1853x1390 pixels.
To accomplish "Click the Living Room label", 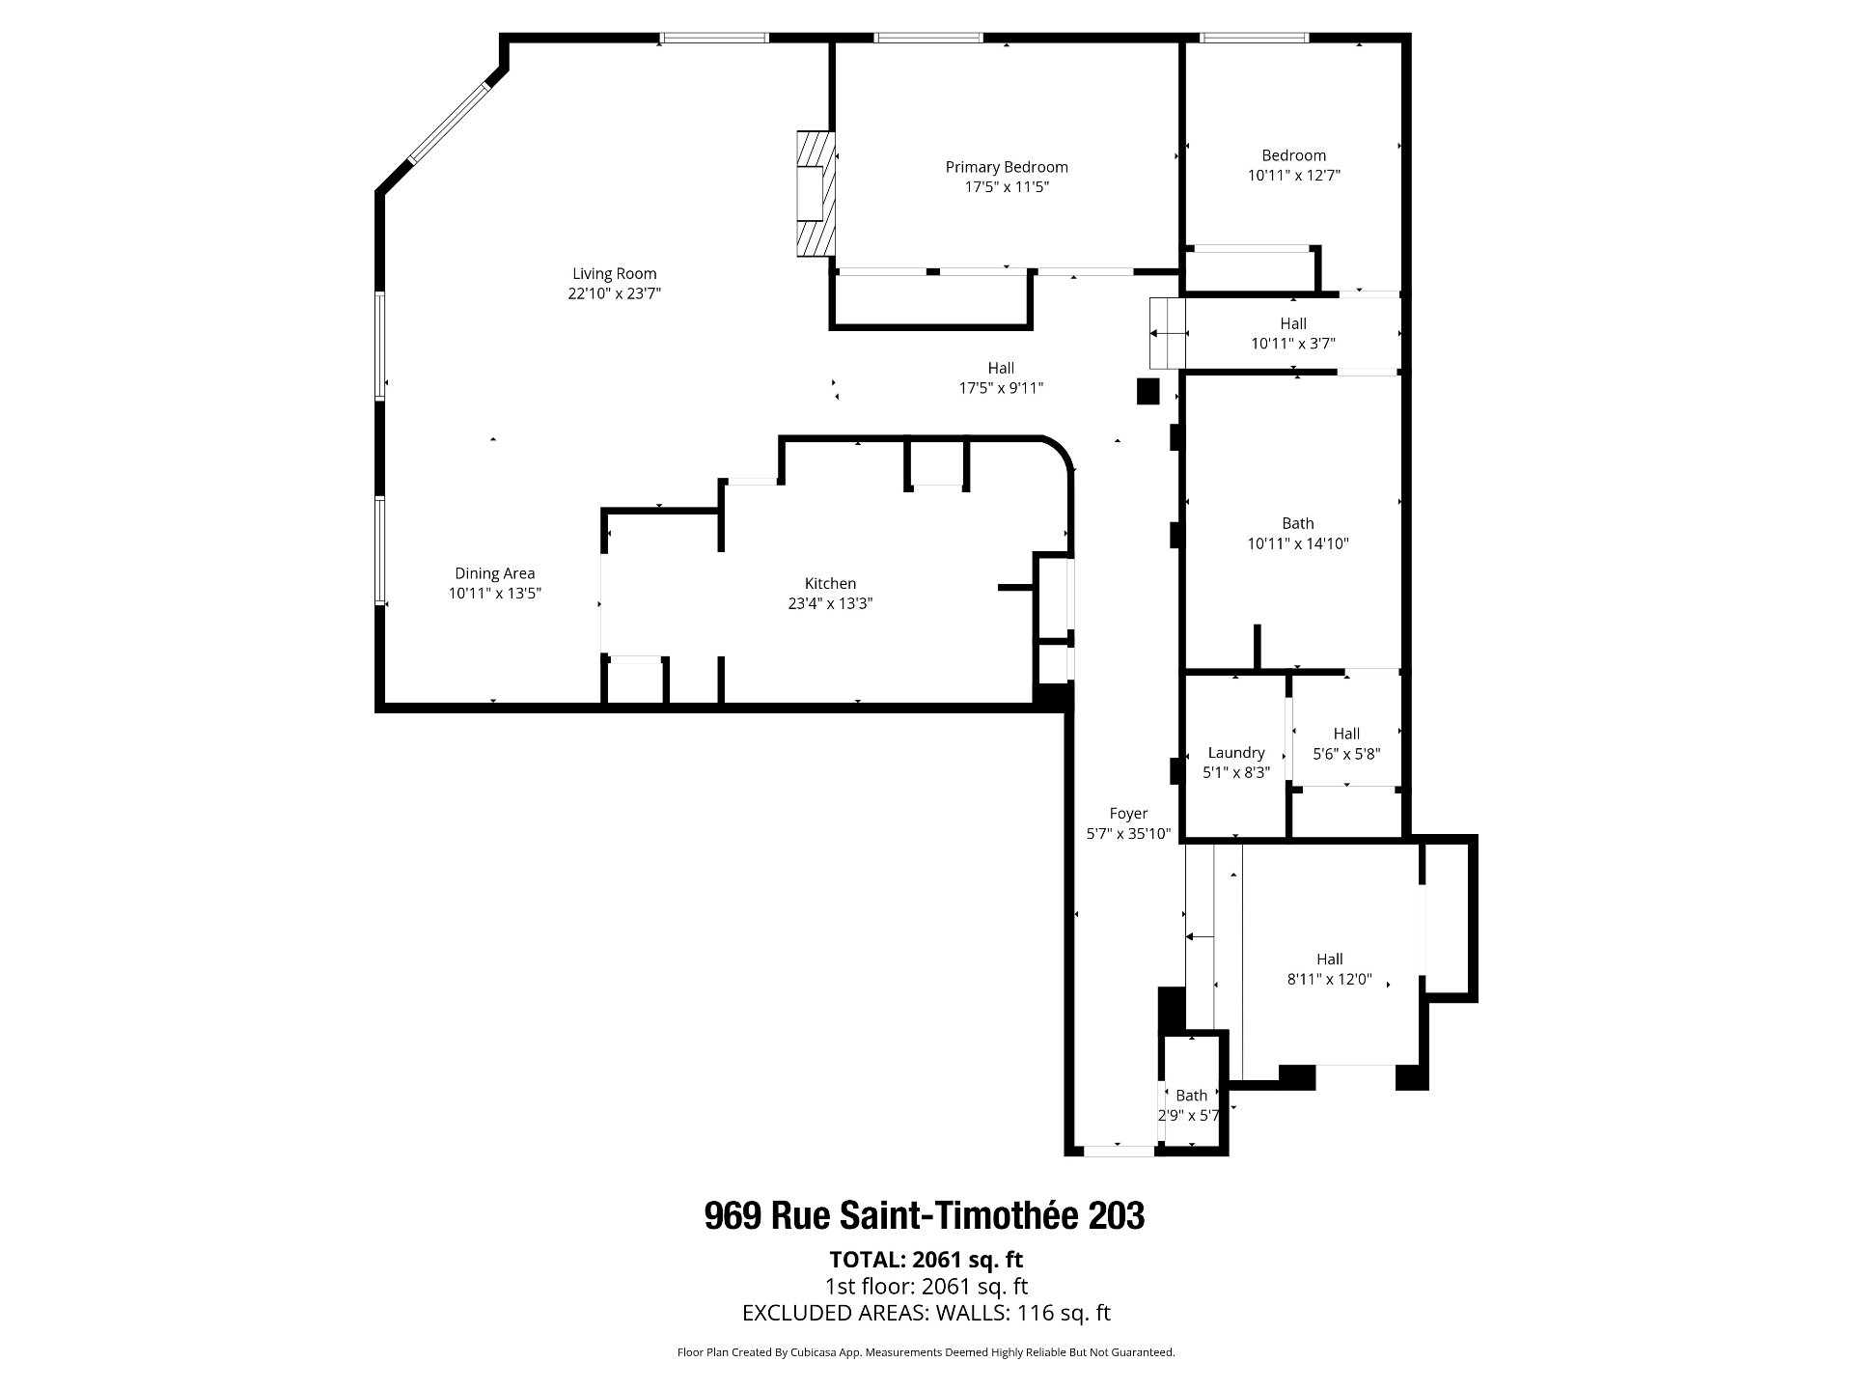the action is click(x=614, y=274).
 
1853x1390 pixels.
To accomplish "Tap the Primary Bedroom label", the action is click(x=1007, y=168).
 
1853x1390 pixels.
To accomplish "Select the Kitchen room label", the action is click(x=830, y=584).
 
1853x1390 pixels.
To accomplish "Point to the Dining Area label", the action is click(x=494, y=574).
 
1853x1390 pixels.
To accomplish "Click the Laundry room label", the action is click(x=1236, y=753).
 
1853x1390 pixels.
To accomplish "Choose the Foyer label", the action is click(x=1128, y=814).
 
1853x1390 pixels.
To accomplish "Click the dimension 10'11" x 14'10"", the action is click(x=1298, y=543).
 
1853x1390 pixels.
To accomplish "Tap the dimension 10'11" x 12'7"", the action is click(x=1294, y=176).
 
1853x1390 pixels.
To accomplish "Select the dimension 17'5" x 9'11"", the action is click(x=1001, y=388).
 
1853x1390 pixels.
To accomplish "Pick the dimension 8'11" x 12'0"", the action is click(x=1329, y=979).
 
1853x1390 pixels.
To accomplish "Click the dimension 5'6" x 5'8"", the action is click(x=1346, y=754).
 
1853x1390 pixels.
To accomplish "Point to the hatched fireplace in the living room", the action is click(x=815, y=193).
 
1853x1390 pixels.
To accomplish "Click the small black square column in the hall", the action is click(x=1148, y=391).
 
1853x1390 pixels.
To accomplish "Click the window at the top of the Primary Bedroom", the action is click(x=928, y=38).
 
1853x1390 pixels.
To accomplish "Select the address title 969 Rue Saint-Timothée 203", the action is click(x=925, y=1215).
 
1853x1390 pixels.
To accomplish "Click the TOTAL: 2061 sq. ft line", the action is click(x=926, y=1260).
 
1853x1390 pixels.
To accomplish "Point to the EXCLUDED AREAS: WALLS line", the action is click(x=926, y=1313).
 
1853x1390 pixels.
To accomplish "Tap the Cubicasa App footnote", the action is click(x=926, y=1352).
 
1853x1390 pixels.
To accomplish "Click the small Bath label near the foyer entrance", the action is click(x=1191, y=1096).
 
